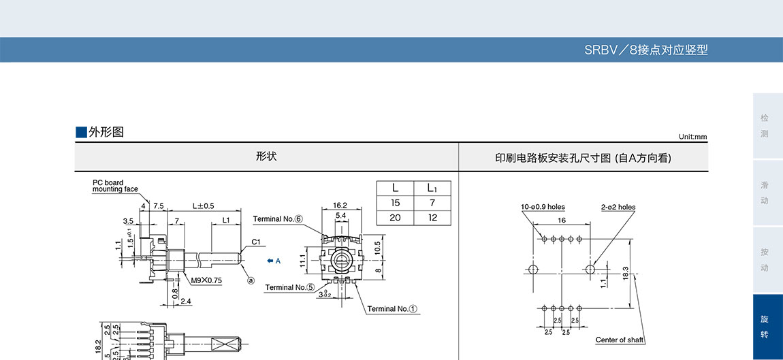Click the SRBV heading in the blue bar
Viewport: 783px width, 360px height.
tap(645, 50)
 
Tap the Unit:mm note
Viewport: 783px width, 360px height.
tap(692, 137)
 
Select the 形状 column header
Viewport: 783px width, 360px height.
tap(266, 157)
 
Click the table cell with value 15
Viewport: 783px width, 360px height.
tap(395, 203)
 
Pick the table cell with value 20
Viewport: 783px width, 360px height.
tap(395, 218)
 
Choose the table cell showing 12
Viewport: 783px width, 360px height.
tap(432, 218)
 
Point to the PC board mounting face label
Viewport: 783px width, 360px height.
tap(115, 186)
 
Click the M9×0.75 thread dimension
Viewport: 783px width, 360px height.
tap(206, 280)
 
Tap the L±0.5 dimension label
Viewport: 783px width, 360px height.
tap(203, 206)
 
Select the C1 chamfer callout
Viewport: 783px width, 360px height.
tap(256, 242)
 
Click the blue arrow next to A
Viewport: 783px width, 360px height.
tap(270, 260)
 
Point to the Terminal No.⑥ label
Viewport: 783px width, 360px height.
tap(277, 219)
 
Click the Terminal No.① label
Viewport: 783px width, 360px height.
tap(393, 309)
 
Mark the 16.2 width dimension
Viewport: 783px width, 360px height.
tap(340, 205)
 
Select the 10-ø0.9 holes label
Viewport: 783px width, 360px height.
tap(543, 207)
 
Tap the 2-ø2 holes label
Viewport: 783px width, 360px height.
tap(618, 207)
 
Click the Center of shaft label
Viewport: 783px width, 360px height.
tap(619, 340)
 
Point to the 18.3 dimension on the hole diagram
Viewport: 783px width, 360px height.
tap(625, 273)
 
